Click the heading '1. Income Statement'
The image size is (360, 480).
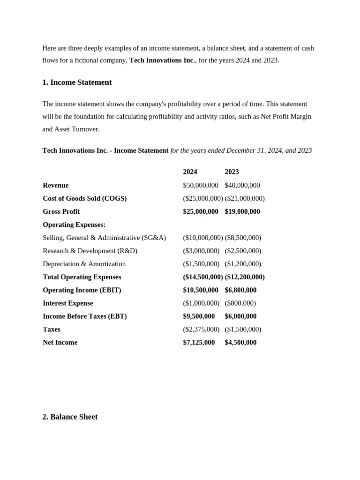[77, 82]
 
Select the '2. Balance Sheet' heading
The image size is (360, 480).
[70, 417]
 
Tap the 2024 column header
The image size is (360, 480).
[190, 172]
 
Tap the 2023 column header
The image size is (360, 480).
[232, 172]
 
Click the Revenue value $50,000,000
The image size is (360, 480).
[201, 185]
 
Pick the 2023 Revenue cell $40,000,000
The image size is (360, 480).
[242, 185]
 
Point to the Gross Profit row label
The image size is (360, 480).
[61, 211]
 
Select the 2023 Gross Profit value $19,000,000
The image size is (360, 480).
[242, 211]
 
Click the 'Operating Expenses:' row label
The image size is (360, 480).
[74, 225]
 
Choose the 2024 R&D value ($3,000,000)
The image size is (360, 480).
[201, 251]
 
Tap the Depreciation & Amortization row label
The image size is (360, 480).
[84, 264]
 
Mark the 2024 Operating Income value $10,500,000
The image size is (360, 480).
[201, 290]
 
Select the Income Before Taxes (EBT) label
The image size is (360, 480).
[84, 316]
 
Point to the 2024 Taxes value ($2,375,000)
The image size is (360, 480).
[201, 330]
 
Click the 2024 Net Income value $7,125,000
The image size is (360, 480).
[199, 343]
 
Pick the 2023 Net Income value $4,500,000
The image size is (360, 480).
[240, 343]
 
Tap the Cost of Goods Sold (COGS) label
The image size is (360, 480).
[84, 198]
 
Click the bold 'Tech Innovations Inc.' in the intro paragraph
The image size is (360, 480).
[162, 60]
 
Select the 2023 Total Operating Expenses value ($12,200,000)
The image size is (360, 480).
[245, 277]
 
